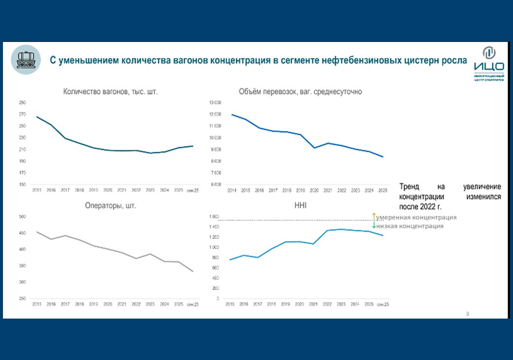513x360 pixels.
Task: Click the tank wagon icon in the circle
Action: point(26,60)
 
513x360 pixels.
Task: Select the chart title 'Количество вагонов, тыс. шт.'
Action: point(110,92)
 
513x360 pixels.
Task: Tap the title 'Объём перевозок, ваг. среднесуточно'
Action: point(300,92)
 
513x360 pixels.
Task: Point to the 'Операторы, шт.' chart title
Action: point(110,206)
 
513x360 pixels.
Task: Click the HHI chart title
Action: point(299,206)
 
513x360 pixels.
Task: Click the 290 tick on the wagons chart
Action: point(23,103)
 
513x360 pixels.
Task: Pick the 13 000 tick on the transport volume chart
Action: point(215,103)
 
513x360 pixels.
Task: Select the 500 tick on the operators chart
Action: point(22,216)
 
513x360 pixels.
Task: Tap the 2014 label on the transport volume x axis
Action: point(231,190)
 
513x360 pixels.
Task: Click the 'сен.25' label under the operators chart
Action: point(192,304)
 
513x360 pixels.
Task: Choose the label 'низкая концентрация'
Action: point(409,226)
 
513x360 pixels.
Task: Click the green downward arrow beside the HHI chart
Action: point(374,225)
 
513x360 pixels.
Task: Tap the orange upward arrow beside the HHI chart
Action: point(374,216)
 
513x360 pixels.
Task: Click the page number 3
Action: point(468,314)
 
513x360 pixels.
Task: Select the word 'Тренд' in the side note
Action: point(409,187)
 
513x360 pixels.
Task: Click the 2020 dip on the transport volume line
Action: point(314,147)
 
